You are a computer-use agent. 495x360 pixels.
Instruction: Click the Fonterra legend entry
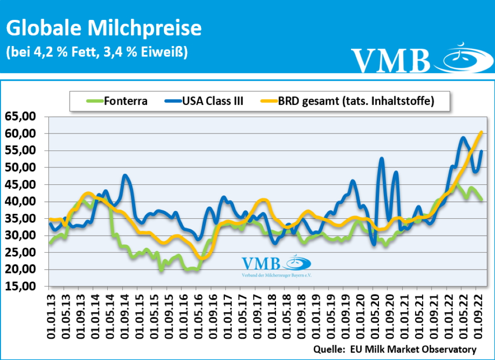116,101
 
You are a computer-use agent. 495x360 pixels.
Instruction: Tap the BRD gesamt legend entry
348,101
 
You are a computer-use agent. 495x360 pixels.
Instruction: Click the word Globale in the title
41,29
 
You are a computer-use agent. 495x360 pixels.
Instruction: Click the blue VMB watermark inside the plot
261,264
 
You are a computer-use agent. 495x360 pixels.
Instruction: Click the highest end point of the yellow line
481,132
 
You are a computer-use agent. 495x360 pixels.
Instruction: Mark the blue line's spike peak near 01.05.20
382,158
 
